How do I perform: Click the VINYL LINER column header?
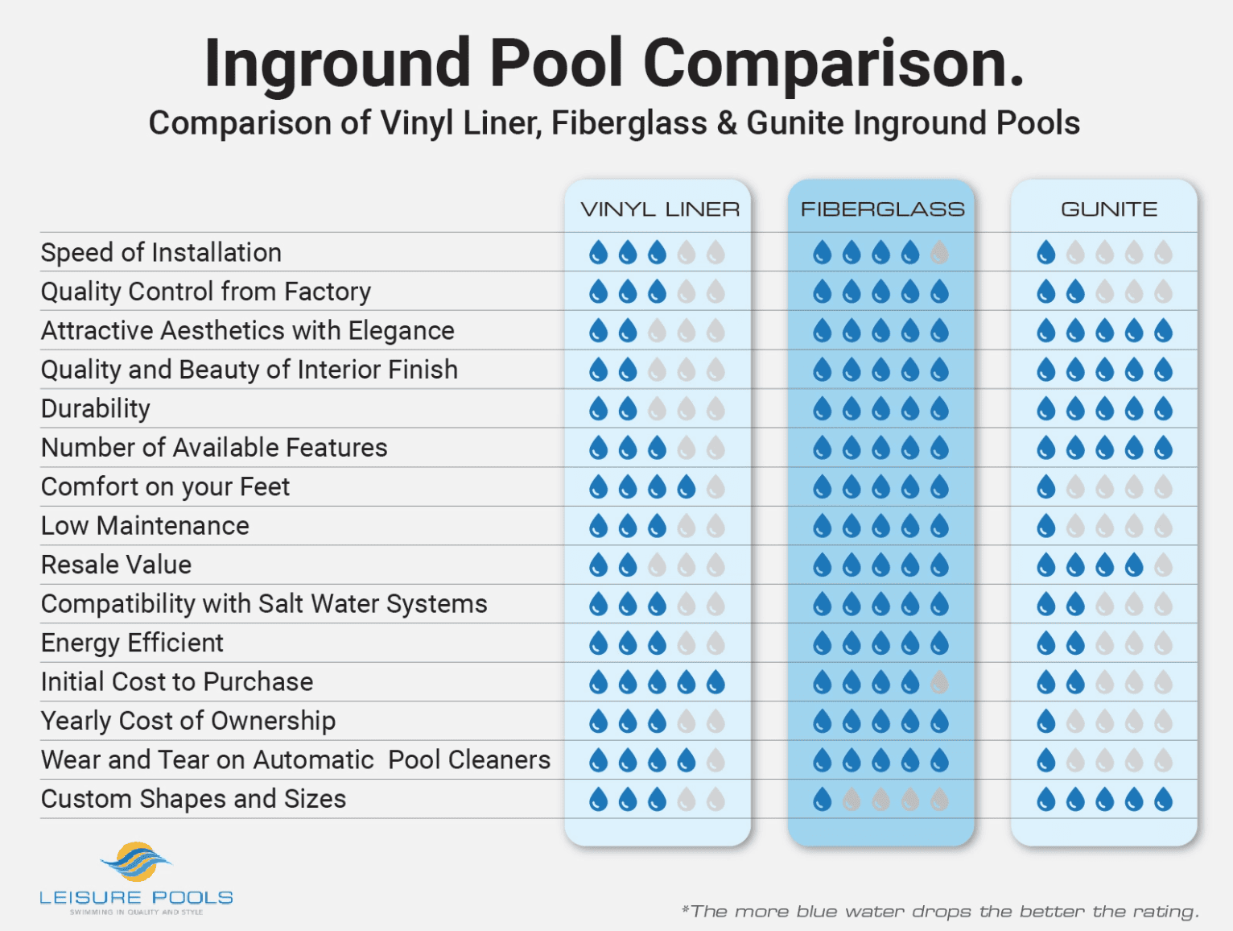tap(660, 209)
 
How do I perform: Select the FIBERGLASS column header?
tap(882, 209)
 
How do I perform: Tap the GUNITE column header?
tap(1108, 209)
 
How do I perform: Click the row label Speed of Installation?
tap(161, 253)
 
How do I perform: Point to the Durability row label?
tap(95, 409)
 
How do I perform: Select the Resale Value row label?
tap(116, 565)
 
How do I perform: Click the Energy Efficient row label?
tap(132, 643)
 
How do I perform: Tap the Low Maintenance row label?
tap(145, 527)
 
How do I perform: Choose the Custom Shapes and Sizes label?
tap(193, 800)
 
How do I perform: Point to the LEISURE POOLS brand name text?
tap(136, 898)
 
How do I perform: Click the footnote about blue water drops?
tap(940, 912)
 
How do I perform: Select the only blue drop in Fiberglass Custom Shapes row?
tap(822, 800)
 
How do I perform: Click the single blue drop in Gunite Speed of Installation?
tap(1045, 253)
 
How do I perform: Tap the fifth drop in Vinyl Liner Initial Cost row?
tap(715, 683)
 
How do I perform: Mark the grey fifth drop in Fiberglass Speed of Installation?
tap(939, 253)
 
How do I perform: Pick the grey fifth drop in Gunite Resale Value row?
tap(1163, 565)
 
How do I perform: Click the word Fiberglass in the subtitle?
tap(629, 123)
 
